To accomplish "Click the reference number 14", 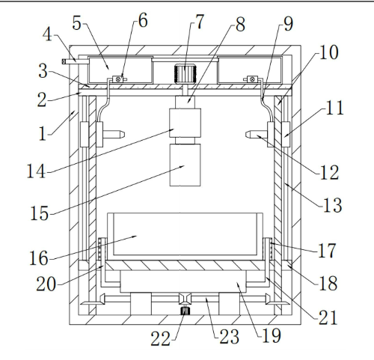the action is pos(36,171).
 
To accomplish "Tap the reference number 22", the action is pos(160,338).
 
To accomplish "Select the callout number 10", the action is pos(329,52).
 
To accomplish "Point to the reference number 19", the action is pos(272,335).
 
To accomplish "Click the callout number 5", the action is pos(77,23).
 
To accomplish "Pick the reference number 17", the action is pos(327,251).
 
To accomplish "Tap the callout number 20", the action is pos(46,284).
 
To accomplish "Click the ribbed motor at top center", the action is pos(185,73).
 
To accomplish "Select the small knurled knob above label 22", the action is pos(185,311).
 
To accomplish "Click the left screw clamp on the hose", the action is pos(118,79).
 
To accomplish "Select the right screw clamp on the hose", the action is pos(252,79).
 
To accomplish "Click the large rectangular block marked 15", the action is pos(185,165).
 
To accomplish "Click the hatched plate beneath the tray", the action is pos(185,266).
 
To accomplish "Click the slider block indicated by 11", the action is pos(286,134).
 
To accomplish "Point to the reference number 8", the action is pos(240,25).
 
